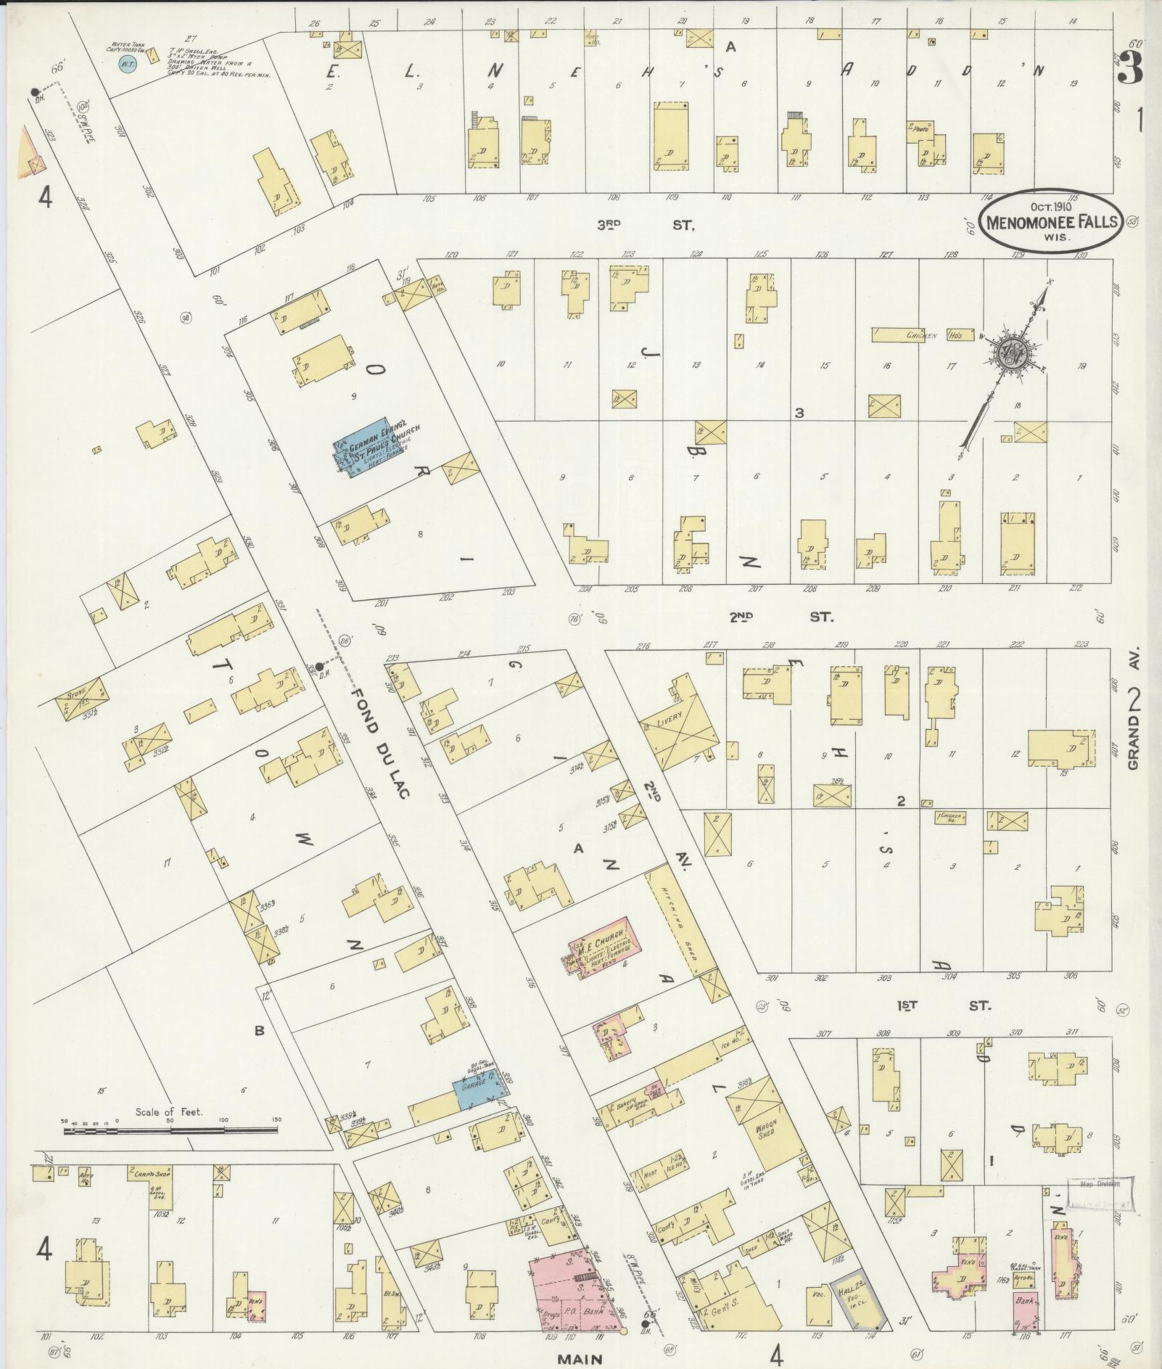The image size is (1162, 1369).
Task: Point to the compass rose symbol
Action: coord(1010,355)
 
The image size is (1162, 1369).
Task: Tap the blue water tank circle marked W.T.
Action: coord(128,64)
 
